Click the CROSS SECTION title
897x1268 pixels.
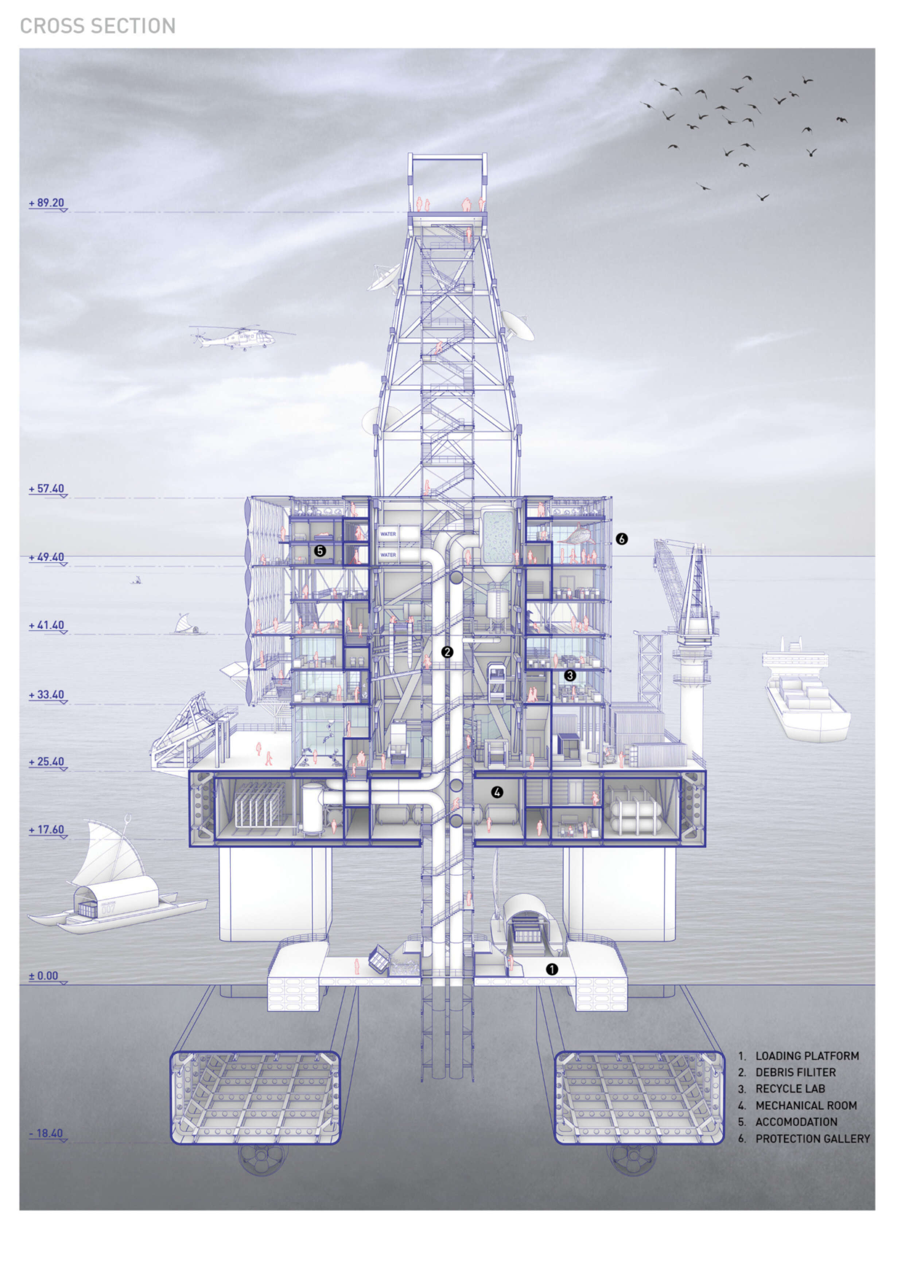(x=98, y=26)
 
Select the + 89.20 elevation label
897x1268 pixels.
(x=47, y=203)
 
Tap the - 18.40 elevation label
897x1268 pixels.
(x=46, y=1133)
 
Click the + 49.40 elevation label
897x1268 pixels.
(x=47, y=557)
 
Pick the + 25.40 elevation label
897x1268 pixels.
(x=47, y=761)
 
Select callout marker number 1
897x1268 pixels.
(x=551, y=969)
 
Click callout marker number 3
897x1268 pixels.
(x=570, y=675)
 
